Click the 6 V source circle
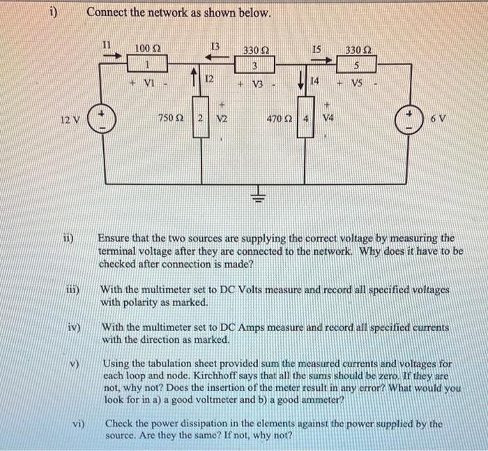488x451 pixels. [x=406, y=119]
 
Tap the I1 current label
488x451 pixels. [x=107, y=45]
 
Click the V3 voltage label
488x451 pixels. [x=257, y=85]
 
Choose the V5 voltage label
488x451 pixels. [x=357, y=85]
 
